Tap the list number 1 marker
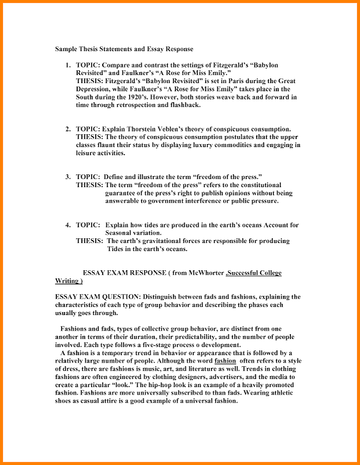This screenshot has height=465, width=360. coord(67,65)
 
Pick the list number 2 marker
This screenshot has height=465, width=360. coord(67,128)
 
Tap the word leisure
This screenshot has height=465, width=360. coord(89,153)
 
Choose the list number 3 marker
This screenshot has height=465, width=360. coord(67,177)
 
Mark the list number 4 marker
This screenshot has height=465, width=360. coord(67,225)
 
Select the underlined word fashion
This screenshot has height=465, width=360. coord(225,361)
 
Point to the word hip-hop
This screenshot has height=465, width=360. coord(200,385)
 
